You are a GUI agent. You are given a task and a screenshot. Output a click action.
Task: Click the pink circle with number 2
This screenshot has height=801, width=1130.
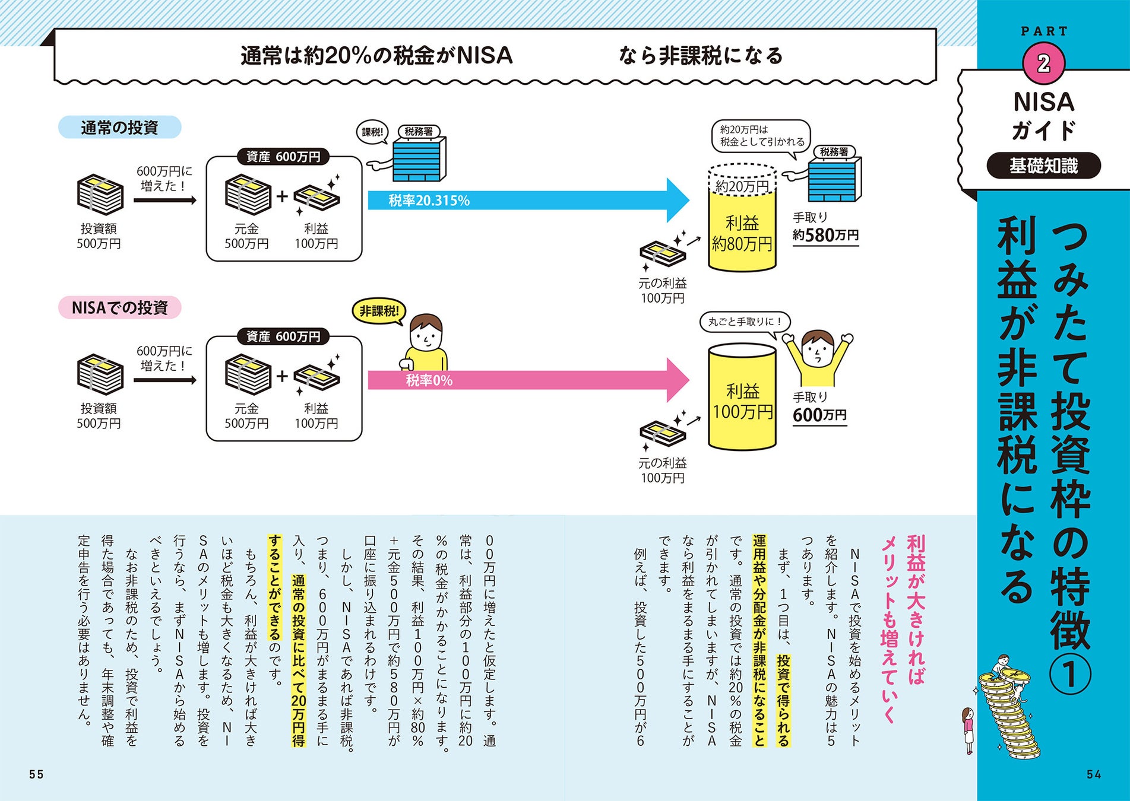1043,63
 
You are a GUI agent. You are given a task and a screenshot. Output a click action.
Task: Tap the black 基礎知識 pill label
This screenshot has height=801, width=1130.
1043,166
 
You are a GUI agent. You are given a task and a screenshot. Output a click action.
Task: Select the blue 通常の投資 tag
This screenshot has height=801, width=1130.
119,128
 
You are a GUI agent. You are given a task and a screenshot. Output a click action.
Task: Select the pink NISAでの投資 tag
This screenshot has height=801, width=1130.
119,308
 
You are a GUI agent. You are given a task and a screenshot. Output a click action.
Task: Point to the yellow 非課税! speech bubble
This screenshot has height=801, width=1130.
379,311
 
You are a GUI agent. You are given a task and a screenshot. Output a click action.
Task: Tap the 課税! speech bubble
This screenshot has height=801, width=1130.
372,132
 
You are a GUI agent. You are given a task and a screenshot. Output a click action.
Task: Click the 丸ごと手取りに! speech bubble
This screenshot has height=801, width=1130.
745,322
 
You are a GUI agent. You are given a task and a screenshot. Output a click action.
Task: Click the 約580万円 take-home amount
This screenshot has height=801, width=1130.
825,236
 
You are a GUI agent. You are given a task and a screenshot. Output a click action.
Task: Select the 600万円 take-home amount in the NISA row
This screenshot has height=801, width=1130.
819,415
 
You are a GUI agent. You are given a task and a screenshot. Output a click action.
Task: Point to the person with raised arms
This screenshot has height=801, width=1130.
818,356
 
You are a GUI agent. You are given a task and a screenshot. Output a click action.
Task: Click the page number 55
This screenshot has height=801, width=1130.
36,774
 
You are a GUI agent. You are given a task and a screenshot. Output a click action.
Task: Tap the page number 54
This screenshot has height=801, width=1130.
1094,774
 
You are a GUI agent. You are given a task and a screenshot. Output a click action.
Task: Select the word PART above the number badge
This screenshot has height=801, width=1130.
1044,31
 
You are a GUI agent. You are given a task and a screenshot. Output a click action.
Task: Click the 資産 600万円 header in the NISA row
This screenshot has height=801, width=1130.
283,336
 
